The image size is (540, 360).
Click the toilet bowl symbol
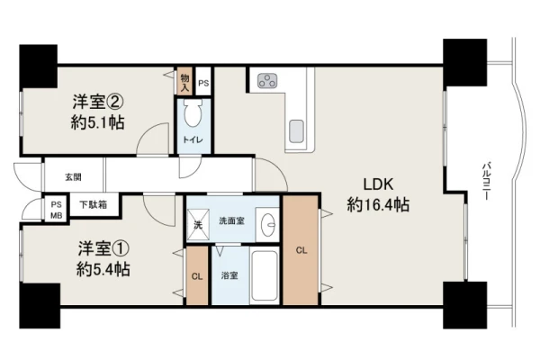tap(193, 112)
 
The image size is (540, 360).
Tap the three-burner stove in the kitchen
tap(268, 81)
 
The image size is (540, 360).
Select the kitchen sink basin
tap(296, 131)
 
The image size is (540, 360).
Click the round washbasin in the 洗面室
tap(268, 224)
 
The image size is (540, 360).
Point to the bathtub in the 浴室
tap(265, 276)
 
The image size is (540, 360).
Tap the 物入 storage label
tap(184, 83)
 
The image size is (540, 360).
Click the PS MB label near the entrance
tap(57, 210)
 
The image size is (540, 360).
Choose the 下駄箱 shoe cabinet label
tap(93, 205)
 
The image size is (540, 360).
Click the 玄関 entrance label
tap(74, 177)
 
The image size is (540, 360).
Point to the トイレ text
tap(193, 139)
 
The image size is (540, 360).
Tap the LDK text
tap(379, 184)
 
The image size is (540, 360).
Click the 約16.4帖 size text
tap(378, 205)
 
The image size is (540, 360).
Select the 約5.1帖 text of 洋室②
tap(98, 122)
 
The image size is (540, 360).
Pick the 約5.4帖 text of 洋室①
tap(103, 269)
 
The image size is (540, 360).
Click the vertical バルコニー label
tap(486, 181)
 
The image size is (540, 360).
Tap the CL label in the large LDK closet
tap(301, 250)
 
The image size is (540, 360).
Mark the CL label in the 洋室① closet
tap(197, 276)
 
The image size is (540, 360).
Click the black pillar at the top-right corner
tap(464, 62)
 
